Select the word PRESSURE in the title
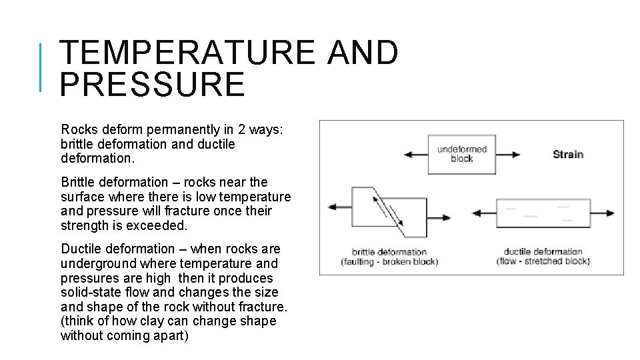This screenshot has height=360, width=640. (152, 85)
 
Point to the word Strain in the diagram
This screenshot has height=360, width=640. (568, 154)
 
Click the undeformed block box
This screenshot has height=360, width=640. (461, 154)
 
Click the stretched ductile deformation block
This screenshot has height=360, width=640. (543, 213)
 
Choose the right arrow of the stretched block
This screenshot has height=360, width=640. (604, 213)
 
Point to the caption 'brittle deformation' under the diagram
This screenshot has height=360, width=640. (389, 252)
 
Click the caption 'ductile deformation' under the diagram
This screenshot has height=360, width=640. (543, 252)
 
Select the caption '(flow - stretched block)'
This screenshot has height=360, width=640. (543, 261)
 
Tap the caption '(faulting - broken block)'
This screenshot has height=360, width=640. (389, 262)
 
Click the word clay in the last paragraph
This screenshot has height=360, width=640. (179, 321)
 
